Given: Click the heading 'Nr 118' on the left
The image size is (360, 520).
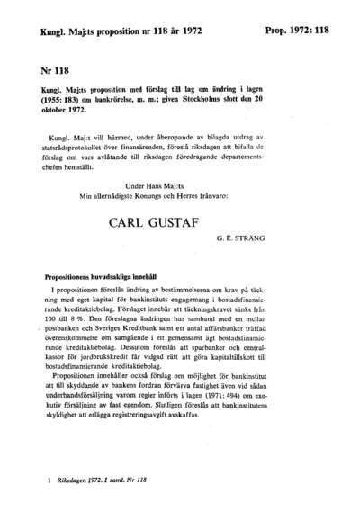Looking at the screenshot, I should point(54,68).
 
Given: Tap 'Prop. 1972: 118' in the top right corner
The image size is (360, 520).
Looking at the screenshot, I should point(298,30).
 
